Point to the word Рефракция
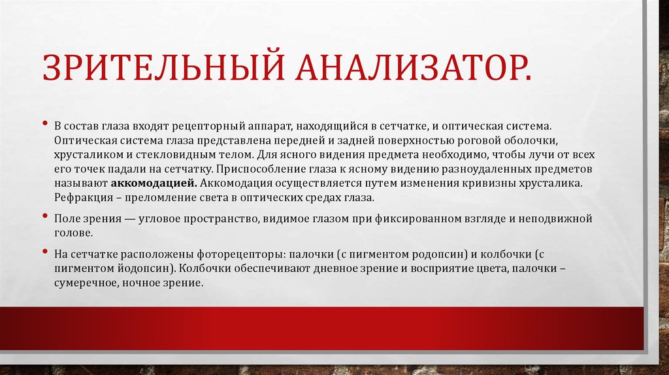[x=80, y=197]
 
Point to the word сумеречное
[x=86, y=283]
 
